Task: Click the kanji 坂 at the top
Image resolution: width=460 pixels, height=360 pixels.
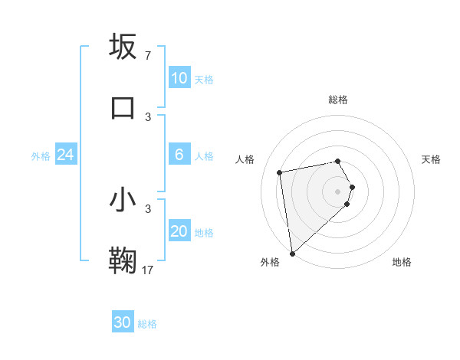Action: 123,47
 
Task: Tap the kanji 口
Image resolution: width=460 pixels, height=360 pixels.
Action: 123,108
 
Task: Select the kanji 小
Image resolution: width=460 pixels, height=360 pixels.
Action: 123,201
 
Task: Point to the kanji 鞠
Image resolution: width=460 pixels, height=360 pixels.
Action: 123,261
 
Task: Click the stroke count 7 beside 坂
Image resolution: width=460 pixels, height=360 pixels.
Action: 148,55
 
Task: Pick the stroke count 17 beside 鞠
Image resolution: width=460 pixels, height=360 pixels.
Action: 148,270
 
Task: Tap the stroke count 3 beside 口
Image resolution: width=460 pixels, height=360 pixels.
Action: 148,116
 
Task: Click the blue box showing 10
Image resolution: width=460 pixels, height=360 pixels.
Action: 179,78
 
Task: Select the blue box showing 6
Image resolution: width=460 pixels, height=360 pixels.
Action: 179,155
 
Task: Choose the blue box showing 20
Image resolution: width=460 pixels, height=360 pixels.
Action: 179,231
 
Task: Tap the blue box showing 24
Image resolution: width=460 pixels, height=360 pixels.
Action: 66,155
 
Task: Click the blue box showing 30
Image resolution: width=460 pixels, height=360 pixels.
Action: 123,323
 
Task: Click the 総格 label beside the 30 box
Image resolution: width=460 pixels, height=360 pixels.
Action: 148,324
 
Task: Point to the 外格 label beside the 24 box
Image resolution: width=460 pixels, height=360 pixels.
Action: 41,155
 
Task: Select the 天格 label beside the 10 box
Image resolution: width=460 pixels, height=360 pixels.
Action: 204,79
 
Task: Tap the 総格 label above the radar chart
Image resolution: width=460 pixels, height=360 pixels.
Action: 338,100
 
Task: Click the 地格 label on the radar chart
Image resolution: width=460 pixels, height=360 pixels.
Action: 402,262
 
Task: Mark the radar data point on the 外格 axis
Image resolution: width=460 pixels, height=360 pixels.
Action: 292,253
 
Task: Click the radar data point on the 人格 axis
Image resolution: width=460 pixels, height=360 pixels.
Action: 280,172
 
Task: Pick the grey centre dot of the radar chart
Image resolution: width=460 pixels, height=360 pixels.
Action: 338,191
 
